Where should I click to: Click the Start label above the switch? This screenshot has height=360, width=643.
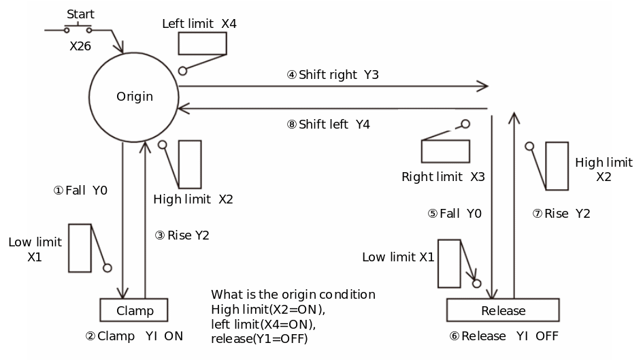(80, 14)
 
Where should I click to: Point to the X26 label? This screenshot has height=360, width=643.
(80, 46)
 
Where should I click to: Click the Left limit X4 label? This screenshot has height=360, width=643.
(199, 24)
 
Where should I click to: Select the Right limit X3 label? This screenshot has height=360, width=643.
(443, 177)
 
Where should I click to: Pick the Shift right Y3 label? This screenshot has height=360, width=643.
(333, 75)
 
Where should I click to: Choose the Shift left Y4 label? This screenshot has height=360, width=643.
(328, 125)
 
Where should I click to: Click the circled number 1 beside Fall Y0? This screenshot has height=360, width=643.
(59, 191)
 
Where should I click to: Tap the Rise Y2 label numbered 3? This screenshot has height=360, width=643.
(182, 235)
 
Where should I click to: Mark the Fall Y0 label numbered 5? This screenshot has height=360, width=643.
(455, 214)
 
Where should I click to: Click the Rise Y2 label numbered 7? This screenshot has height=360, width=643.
(561, 214)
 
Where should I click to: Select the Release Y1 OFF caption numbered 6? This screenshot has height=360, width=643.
(504, 336)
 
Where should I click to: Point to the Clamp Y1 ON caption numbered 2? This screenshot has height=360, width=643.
(134, 336)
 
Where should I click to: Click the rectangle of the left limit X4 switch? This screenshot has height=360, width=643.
(202, 44)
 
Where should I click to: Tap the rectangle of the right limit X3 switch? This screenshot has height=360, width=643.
(446, 151)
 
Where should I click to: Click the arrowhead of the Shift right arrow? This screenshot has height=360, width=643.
(483, 86)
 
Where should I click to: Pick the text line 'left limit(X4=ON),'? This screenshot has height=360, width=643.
(263, 325)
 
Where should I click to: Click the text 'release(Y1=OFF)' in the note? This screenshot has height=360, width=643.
(259, 339)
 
